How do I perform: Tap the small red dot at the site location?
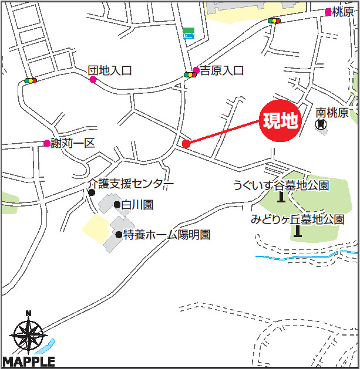[186, 144]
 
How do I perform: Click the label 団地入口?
[110, 70]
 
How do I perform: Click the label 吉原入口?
[222, 70]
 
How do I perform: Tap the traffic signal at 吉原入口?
[190, 75]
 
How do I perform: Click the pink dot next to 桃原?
[328, 12]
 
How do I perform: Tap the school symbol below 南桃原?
[321, 124]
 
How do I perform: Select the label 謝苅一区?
[73, 143]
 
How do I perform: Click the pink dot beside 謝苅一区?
[47, 143]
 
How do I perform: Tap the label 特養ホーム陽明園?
[167, 235]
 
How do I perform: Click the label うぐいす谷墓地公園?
[281, 185]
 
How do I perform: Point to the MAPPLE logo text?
[29, 361]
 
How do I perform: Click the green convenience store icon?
[189, 32]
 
